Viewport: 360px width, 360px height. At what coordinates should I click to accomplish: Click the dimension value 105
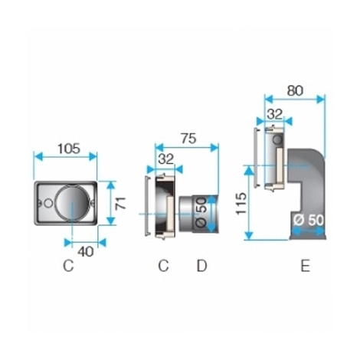click(x=69, y=149)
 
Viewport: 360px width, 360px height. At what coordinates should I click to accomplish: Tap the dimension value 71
click(x=120, y=203)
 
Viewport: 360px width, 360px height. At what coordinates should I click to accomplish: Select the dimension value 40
click(x=86, y=252)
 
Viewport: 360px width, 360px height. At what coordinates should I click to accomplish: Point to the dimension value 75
click(x=188, y=139)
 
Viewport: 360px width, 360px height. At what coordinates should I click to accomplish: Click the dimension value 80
click(x=295, y=90)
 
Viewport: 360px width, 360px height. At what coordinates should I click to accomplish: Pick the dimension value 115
click(x=241, y=204)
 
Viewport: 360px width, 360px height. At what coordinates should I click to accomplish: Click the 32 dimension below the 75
click(x=165, y=159)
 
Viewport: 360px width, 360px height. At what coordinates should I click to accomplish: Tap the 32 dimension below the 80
click(x=275, y=114)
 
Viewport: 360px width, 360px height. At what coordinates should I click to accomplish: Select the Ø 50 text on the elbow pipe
click(x=309, y=220)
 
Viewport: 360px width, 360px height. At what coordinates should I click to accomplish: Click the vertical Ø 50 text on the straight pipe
click(x=201, y=212)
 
